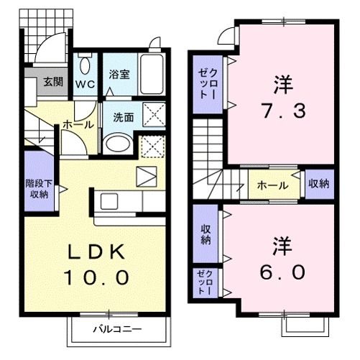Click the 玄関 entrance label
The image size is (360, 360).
tap(52, 81)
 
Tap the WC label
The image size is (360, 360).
tap(86, 83)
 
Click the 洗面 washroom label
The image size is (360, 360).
tap(121, 117)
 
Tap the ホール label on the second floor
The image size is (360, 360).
tap(272, 185)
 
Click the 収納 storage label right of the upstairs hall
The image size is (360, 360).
tap(318, 184)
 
